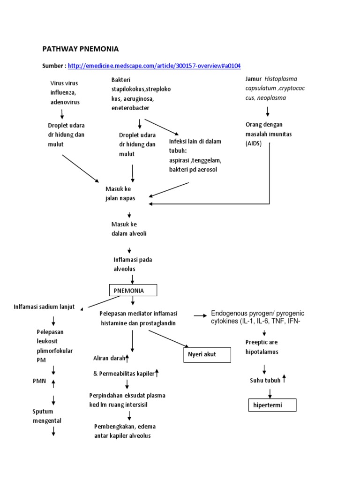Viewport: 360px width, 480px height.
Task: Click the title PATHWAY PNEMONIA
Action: click(80, 49)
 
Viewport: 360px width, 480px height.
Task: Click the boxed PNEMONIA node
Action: click(133, 291)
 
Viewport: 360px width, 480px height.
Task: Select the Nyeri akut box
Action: click(207, 354)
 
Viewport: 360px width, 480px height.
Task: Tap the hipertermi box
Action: click(272, 404)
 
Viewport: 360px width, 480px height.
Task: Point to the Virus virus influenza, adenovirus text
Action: click(65, 92)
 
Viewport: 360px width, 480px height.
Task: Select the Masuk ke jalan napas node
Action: click(120, 193)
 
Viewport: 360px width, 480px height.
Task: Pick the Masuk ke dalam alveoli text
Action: click(129, 229)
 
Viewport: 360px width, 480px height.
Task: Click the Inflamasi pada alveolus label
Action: click(133, 264)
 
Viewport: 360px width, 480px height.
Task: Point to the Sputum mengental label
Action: click(46, 416)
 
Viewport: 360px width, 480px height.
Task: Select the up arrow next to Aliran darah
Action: click(127, 358)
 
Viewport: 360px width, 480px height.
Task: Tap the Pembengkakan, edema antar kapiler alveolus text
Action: click(125, 431)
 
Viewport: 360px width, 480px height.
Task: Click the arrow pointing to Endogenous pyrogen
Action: click(200, 315)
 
